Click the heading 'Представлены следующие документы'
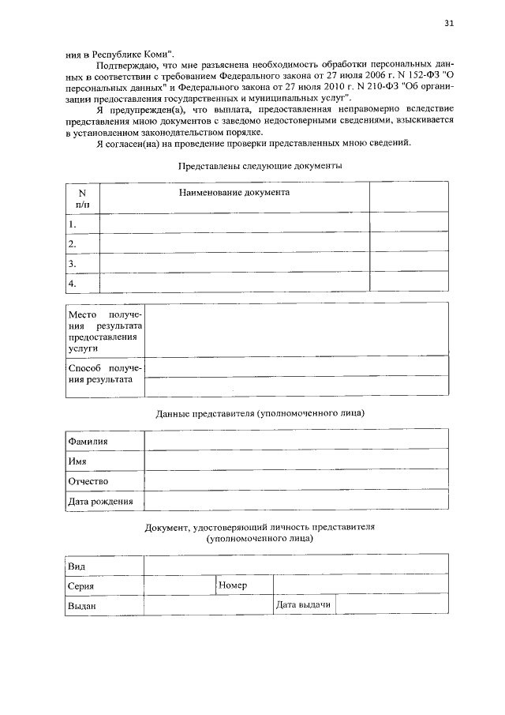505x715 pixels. coord(260,166)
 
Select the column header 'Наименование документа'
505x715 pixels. coord(234,192)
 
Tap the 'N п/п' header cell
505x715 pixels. coord(82,198)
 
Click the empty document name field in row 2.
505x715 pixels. coord(234,243)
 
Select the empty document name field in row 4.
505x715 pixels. coord(234,283)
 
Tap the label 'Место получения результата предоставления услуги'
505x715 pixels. coord(104,331)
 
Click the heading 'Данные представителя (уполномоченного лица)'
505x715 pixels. coord(260,413)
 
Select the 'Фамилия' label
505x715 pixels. coord(88,442)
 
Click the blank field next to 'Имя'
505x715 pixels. coord(296,461)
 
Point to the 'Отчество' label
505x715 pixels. coord(88,481)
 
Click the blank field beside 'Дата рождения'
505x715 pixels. coord(296,501)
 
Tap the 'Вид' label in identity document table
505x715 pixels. coord(77,566)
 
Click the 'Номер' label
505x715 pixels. coord(234,585)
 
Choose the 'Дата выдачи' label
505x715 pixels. coord(303,604)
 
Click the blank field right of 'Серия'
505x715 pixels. coord(178,585)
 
